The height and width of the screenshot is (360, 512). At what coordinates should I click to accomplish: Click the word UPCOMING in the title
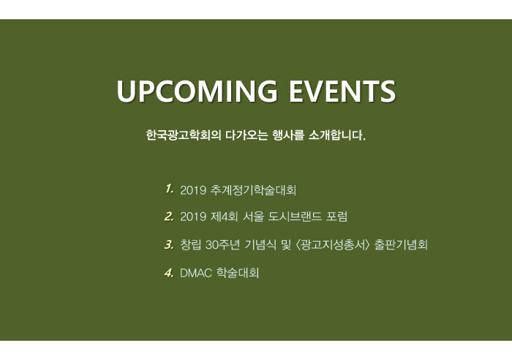[x=197, y=91]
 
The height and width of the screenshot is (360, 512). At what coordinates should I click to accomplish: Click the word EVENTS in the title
[x=342, y=91]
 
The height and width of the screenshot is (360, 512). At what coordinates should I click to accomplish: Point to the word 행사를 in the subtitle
[x=288, y=135]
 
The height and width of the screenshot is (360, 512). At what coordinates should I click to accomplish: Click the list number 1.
[x=169, y=189]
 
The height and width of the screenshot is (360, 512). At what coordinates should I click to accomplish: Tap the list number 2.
[x=169, y=217]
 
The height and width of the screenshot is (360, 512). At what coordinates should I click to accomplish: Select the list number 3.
[x=169, y=244]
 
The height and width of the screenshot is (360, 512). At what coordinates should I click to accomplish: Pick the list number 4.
[x=169, y=272]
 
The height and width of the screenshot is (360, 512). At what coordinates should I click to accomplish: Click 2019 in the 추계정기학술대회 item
[x=193, y=190]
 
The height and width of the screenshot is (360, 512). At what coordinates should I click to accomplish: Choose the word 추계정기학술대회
[x=253, y=190]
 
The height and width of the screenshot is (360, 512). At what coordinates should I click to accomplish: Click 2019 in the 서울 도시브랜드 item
[x=193, y=217]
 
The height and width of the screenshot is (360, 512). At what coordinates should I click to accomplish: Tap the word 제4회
[x=225, y=217]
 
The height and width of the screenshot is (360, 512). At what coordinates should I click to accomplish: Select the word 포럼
[x=336, y=217]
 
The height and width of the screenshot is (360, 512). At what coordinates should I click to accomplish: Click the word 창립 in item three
[x=191, y=244]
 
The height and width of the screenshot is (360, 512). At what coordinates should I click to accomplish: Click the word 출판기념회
[x=401, y=244]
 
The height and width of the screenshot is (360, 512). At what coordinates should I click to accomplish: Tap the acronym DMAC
[x=196, y=273]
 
